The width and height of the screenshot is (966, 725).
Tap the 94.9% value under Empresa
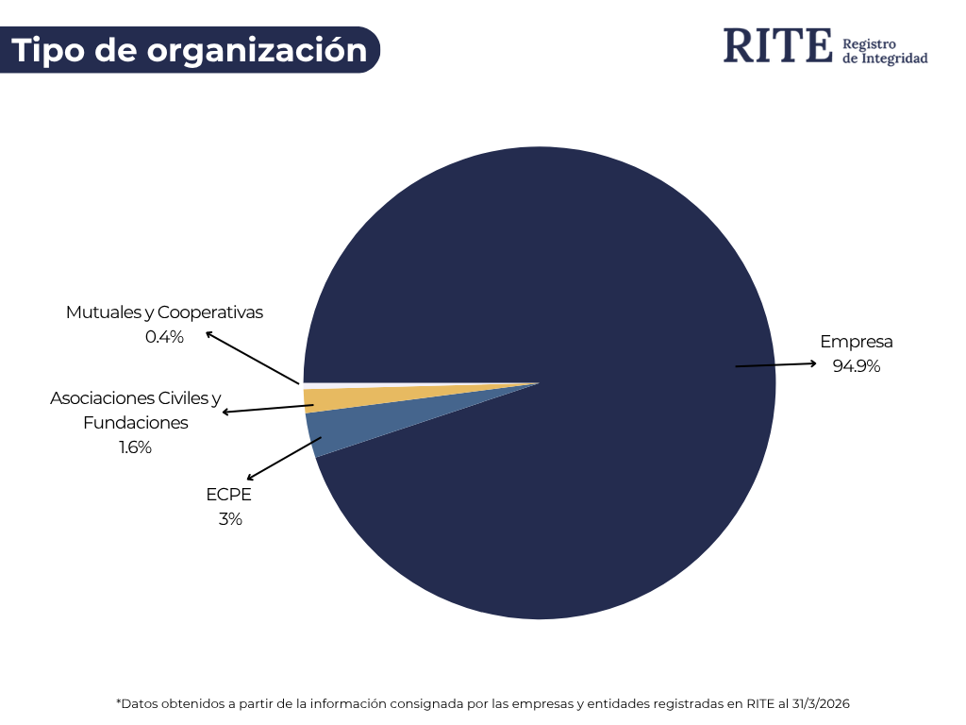click(856, 366)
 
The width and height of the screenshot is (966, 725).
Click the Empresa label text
click(856, 342)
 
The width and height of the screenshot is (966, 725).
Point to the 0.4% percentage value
click(164, 336)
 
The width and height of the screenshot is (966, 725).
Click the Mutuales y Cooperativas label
click(164, 312)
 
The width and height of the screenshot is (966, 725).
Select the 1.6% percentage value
click(135, 447)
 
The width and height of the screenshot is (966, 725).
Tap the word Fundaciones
click(135, 423)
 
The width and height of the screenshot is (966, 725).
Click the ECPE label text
click(229, 494)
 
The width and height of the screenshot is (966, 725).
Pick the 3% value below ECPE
click(230, 518)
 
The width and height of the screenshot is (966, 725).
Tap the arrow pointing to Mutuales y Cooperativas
click(253, 358)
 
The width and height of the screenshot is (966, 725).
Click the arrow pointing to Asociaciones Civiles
click(267, 408)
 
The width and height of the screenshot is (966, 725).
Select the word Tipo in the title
click(49, 50)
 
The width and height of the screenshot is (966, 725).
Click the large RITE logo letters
click(778, 46)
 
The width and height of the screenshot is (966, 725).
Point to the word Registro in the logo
click(869, 43)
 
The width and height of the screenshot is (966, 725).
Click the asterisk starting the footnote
click(119, 702)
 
